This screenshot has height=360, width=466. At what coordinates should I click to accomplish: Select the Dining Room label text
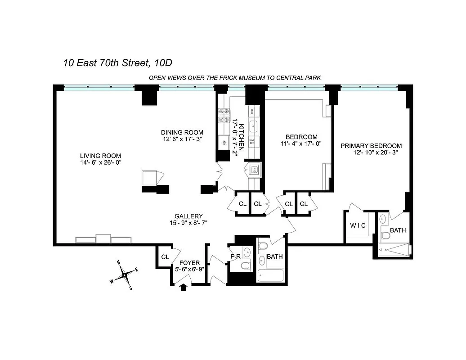[x=182, y=132]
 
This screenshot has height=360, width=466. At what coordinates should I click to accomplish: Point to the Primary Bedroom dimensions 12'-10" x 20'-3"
[x=375, y=153]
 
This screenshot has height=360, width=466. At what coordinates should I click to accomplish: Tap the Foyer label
[x=189, y=263]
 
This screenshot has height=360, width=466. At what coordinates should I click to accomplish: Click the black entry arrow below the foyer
[x=183, y=288]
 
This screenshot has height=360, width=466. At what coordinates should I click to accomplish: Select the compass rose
[x=124, y=274]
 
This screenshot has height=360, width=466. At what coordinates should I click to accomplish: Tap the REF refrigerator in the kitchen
[x=222, y=143]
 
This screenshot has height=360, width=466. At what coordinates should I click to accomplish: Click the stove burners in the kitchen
[x=223, y=116]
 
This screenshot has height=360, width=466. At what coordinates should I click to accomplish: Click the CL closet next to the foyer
[x=165, y=257]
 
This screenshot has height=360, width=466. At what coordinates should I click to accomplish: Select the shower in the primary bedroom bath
[x=394, y=249]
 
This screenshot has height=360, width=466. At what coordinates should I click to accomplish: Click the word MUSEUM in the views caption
[x=251, y=78]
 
